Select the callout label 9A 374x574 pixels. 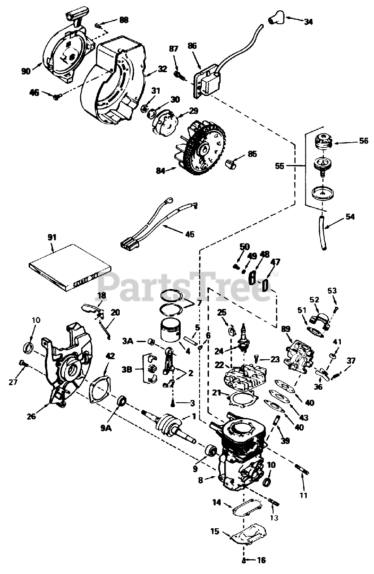pos(106,428)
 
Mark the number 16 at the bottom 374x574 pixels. pos(261,560)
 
